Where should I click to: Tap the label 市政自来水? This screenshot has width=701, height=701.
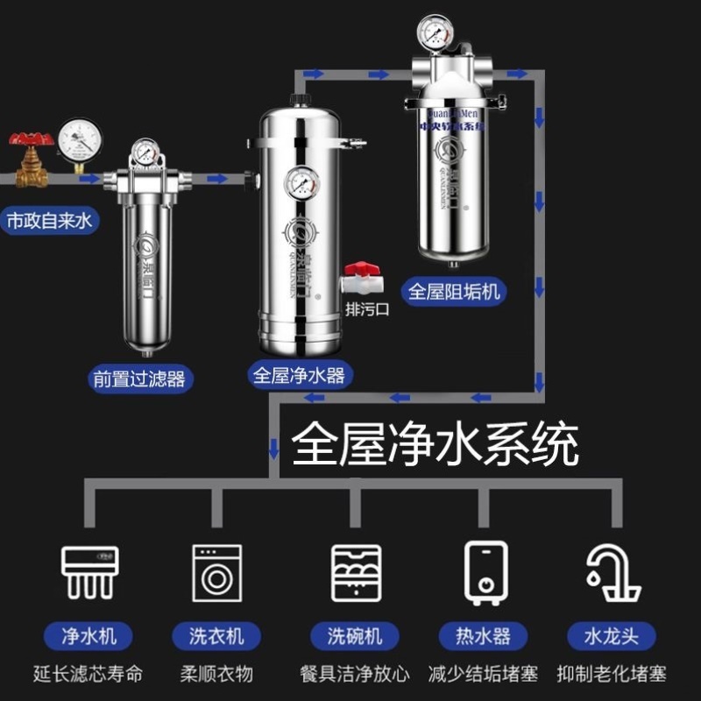[49, 220]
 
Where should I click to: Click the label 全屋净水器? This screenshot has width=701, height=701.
[299, 376]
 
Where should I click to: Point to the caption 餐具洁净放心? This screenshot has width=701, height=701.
[357, 674]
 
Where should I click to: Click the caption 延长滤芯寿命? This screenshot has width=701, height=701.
[89, 674]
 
